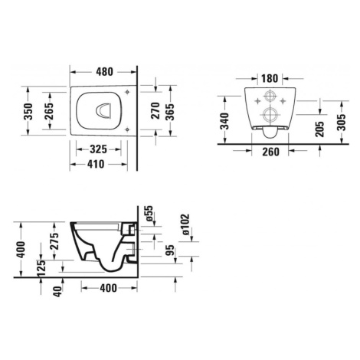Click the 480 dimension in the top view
[x=104, y=72]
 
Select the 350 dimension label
[x=28, y=112]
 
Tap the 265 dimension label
[x=49, y=111]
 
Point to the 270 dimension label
[x=155, y=110]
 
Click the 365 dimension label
[x=169, y=112]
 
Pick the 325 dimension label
[x=98, y=149]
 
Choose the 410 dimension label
[x=96, y=164]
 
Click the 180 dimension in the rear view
[x=270, y=78]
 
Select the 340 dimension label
[x=225, y=121]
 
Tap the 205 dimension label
[x=319, y=129]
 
